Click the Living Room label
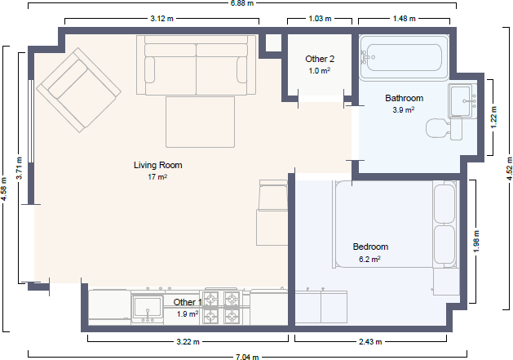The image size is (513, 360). point(157,165)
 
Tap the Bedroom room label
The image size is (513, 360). point(370,247)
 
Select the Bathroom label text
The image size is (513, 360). point(404,98)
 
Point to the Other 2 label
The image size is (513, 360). point(320,59)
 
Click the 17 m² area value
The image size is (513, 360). point(157,177)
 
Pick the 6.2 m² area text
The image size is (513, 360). point(369,259)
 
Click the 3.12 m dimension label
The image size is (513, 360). point(162,19)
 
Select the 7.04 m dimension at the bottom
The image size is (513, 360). point(247,357)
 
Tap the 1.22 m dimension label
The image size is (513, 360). point(493,118)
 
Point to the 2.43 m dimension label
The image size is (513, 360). point(370,342)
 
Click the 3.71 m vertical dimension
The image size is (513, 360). point(20,168)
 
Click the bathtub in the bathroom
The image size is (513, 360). point(404,58)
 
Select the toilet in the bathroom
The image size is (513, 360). point(444,128)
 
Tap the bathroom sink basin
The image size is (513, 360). point(462,100)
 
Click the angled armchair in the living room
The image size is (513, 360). point(78,90)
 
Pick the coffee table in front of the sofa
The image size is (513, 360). point(201,122)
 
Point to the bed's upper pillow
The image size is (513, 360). point(444,203)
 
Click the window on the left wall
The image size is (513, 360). point(31,121)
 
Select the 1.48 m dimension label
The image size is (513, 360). point(405,19)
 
